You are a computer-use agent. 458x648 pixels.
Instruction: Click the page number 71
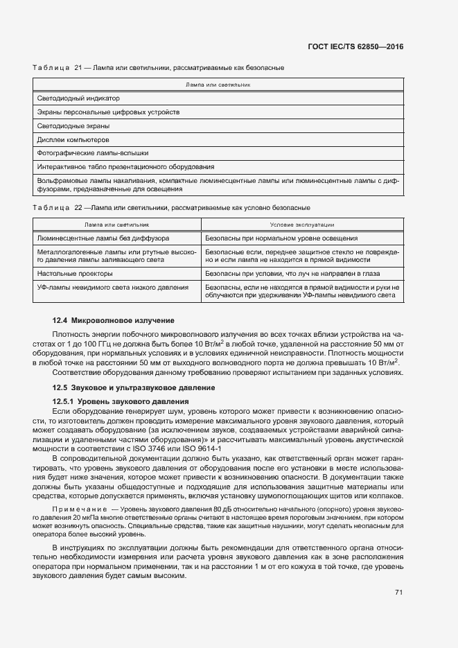398,593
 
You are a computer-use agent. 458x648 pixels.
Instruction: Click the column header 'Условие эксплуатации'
301,225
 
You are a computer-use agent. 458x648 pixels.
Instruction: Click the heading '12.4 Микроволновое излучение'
114,320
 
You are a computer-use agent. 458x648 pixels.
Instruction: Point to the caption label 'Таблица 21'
58,68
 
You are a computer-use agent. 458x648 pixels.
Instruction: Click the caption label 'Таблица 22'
58,207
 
